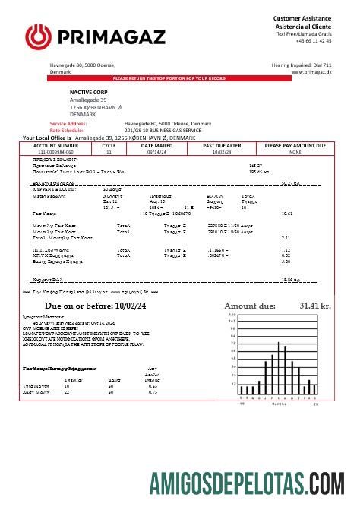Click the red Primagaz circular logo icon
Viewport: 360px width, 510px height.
[37, 36]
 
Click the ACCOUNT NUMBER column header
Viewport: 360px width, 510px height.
[55, 144]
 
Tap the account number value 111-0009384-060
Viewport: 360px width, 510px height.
[55, 151]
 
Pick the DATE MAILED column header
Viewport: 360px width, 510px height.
[156, 144]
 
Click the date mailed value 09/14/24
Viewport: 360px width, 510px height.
[156, 151]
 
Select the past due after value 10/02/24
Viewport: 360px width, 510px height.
[222, 151]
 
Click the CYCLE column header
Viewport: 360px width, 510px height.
[109, 144]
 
